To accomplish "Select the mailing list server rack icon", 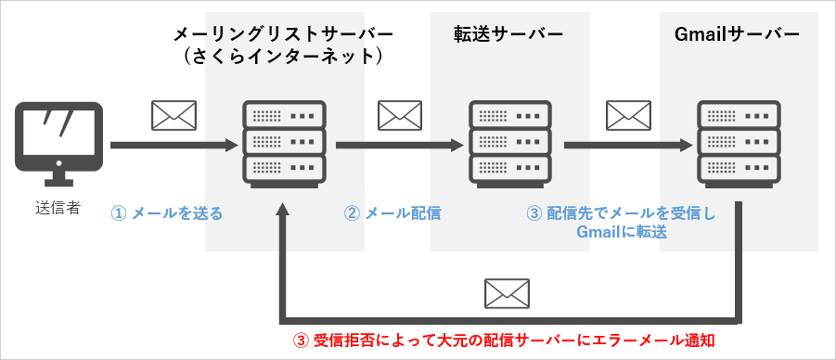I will [283, 143].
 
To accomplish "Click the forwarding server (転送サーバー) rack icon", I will [510, 143].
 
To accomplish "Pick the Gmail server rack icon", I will [739, 143].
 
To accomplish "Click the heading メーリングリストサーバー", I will [284, 34].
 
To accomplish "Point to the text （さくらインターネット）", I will [284, 57].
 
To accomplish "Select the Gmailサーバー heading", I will [739, 34].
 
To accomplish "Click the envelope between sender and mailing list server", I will [174, 115].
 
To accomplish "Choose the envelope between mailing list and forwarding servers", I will [400, 115].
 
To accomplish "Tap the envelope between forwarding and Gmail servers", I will [628, 115].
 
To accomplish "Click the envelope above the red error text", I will [508, 293].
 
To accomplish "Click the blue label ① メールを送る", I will [167, 212].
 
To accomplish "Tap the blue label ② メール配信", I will [392, 212].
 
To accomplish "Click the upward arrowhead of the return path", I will [284, 212].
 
